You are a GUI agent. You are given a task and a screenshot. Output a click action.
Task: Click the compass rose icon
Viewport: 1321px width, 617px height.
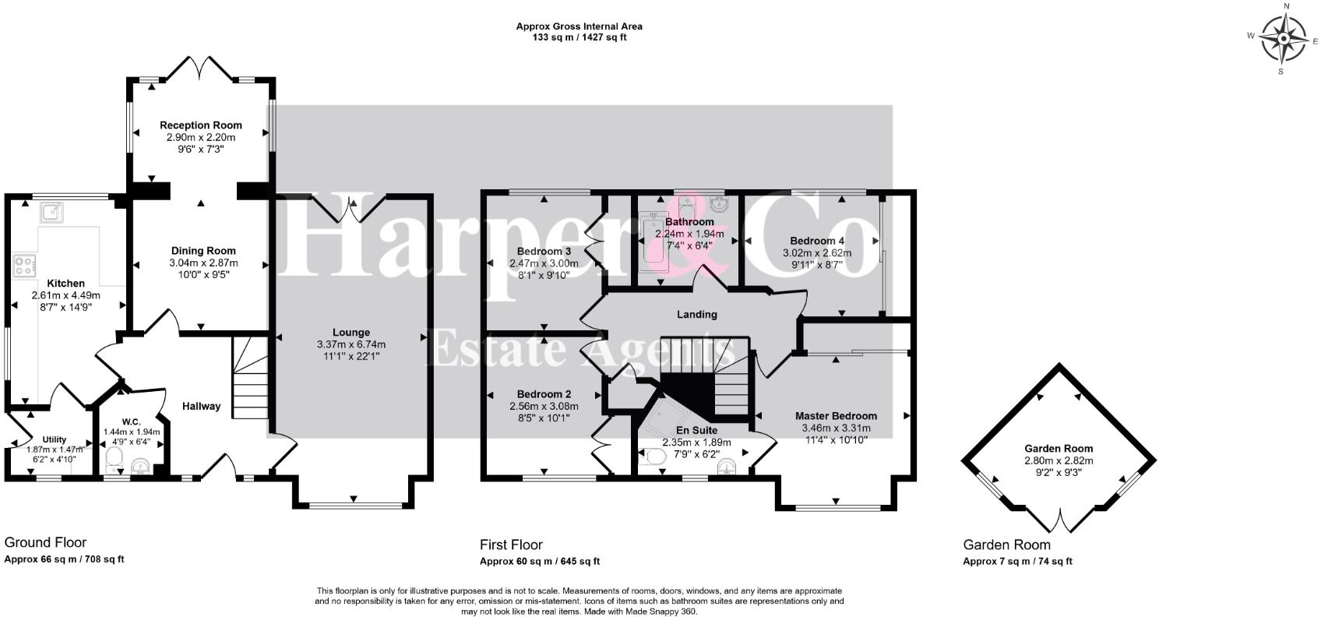(x=1284, y=41)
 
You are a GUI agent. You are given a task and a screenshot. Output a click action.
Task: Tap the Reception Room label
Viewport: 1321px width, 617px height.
(x=201, y=125)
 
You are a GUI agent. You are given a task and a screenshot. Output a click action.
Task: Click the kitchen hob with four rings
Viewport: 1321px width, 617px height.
(x=24, y=266)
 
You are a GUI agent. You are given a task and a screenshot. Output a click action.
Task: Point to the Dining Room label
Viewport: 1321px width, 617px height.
(x=203, y=251)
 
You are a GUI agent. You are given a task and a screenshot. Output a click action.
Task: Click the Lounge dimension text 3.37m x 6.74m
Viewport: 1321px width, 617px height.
(x=351, y=344)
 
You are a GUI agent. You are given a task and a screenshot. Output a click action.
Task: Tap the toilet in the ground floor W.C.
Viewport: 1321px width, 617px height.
(x=114, y=460)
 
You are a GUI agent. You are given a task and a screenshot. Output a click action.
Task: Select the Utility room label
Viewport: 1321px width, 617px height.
(x=55, y=439)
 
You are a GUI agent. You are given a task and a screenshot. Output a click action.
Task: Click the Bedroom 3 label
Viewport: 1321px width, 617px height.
(x=544, y=251)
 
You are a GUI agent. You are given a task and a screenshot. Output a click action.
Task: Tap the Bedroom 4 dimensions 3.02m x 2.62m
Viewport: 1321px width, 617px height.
(x=816, y=253)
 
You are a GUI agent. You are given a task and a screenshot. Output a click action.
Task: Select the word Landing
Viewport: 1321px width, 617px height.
(x=696, y=315)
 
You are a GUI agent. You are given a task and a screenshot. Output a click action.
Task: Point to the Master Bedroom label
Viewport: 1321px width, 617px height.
(x=836, y=416)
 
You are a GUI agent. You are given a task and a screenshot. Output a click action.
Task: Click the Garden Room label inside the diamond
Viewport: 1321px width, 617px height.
(x=1058, y=448)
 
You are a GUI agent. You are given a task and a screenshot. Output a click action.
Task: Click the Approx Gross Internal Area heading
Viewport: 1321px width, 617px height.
(x=579, y=26)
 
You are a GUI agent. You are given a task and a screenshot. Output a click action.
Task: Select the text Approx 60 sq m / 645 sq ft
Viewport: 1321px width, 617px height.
(x=539, y=562)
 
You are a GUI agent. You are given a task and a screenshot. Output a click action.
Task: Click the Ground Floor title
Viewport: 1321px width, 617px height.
(x=45, y=542)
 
